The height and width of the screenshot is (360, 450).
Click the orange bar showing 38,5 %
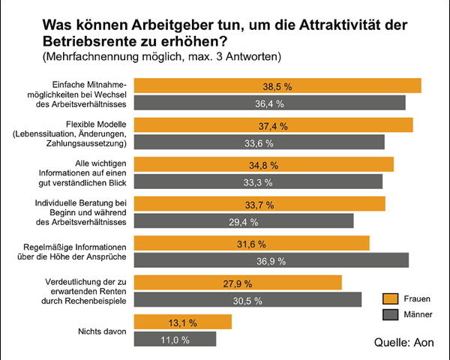coord(277,85)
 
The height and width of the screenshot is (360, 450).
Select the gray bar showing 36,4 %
coord(269,103)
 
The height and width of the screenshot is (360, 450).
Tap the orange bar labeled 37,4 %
coord(273,125)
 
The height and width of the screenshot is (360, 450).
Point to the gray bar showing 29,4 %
coord(243,221)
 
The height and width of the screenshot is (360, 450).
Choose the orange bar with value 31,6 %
coord(251,243)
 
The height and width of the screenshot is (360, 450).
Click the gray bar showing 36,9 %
coord(271,260)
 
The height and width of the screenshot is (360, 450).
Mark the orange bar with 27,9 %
coord(237,283)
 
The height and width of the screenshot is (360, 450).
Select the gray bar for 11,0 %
coord(175,339)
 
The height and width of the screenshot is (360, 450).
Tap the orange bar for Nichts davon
coord(182,322)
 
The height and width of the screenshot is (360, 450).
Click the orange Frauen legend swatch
coord(390,298)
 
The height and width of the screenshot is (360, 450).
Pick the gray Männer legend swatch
coord(390,314)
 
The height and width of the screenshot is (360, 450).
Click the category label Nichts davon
coord(101,331)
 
